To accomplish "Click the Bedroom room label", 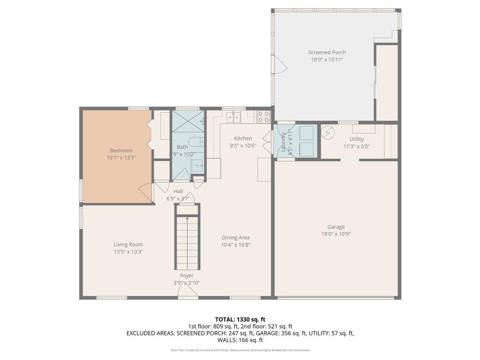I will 121,150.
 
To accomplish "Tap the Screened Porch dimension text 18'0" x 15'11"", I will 327,60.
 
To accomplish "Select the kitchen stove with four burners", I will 263,117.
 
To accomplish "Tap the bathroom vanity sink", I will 197,165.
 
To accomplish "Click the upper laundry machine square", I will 307,133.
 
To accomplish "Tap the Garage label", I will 336,227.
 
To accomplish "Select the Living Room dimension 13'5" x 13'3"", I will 128,252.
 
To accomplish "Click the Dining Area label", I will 236,238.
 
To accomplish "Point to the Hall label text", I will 178,191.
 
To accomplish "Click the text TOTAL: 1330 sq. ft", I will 240,319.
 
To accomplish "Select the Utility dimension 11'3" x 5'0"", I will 356,146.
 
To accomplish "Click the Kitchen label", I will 243,138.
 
